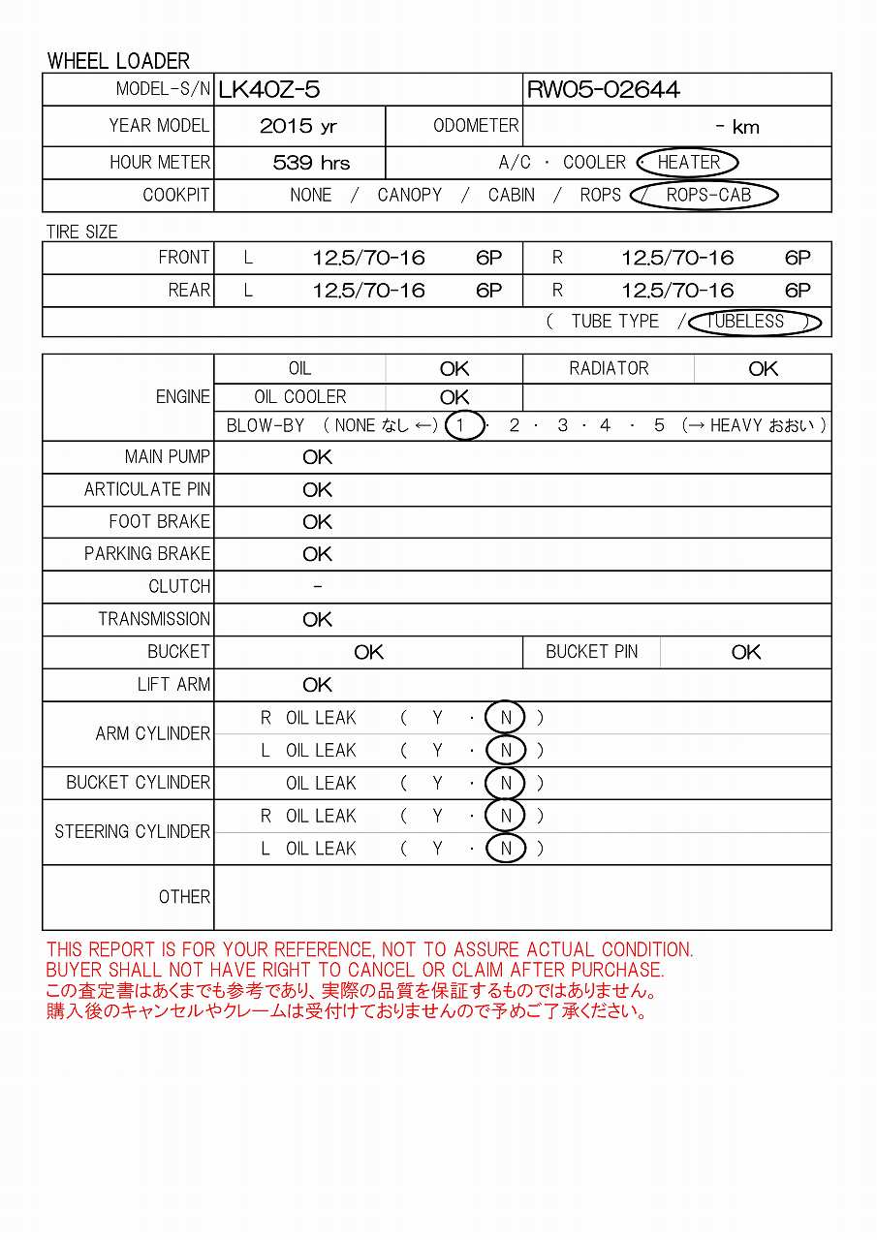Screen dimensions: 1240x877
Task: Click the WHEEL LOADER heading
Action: [118, 61]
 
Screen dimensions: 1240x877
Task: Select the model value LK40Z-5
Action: [268, 90]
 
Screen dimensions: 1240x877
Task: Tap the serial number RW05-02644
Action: [603, 90]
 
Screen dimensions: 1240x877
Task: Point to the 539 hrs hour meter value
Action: [311, 163]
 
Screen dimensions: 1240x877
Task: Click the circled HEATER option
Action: [688, 163]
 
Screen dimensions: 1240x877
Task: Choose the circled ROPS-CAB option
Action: [708, 196]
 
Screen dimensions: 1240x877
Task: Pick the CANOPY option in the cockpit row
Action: [409, 196]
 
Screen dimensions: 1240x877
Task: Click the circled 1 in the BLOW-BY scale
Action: [464, 425]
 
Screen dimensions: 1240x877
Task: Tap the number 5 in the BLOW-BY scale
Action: [659, 425]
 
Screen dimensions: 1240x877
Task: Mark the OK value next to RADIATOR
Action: [763, 369]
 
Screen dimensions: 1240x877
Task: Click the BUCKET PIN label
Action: [591, 652]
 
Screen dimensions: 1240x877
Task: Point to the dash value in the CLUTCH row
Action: [318, 587]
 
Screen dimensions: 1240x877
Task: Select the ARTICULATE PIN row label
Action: [147, 490]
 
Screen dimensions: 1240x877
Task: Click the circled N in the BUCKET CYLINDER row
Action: [506, 783]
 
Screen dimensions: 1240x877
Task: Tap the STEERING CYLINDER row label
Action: [133, 832]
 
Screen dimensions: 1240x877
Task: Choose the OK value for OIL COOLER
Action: [454, 397]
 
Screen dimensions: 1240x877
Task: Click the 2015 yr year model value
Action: [298, 126]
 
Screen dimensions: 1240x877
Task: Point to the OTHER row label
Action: [184, 897]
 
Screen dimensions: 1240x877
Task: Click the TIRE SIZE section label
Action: [82, 232]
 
